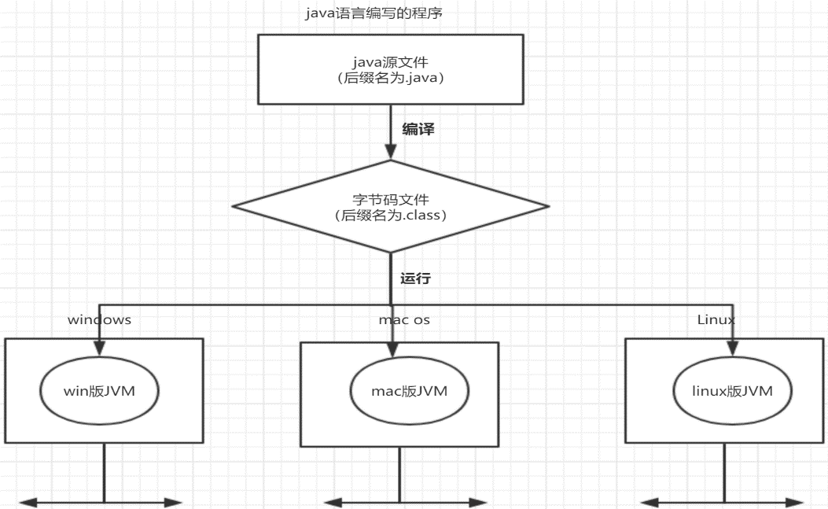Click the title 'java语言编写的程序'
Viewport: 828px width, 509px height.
point(379,13)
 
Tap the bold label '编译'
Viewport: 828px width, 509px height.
point(418,130)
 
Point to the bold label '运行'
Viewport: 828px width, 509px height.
point(415,278)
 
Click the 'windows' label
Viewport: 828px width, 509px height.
point(99,320)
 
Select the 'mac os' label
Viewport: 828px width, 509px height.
point(404,320)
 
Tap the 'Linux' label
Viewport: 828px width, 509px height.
point(716,319)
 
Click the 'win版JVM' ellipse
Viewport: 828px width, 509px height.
point(99,390)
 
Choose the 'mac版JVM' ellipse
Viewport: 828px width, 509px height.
point(399,391)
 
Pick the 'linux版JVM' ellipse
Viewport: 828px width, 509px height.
point(731,390)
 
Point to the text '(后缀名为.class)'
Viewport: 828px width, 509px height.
point(391,215)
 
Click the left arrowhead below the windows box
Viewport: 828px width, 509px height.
point(27,501)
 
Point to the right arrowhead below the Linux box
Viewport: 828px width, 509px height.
point(797,501)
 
